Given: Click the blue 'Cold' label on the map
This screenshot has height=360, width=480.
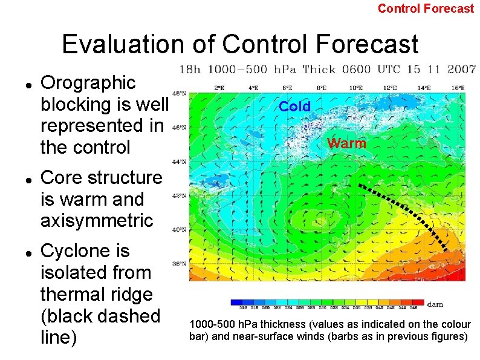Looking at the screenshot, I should [x=294, y=107].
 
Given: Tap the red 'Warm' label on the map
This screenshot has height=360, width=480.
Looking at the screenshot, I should [x=346, y=144].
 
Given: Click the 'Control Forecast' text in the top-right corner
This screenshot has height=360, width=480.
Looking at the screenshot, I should [x=426, y=8].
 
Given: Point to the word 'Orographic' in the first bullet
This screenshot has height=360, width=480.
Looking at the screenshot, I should [x=88, y=83].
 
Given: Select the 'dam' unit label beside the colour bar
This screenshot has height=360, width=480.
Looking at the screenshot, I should [x=435, y=304].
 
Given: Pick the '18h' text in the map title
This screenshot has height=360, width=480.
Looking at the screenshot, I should [x=190, y=70].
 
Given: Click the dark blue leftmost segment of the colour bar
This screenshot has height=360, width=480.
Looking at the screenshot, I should [x=236, y=302].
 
